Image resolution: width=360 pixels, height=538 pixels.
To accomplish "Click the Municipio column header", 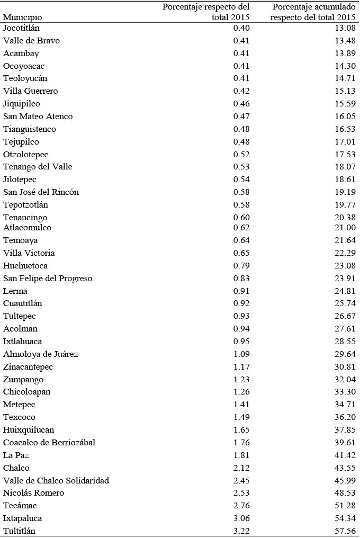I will [23, 17].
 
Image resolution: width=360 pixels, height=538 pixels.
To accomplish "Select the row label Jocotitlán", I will [22, 28].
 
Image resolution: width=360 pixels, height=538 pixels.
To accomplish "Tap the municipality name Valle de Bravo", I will [31, 41].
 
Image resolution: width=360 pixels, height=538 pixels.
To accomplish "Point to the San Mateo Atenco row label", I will [38, 116].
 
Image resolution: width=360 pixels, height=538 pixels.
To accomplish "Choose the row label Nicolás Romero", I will [33, 493].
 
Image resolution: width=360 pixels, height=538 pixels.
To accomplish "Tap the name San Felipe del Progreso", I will [48, 279].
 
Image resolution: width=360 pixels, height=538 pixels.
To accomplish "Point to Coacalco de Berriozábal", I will [49, 443].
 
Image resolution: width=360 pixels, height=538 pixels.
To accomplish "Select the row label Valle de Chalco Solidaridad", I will [56, 481].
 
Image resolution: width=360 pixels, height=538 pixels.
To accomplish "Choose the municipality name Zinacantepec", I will [28, 367].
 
